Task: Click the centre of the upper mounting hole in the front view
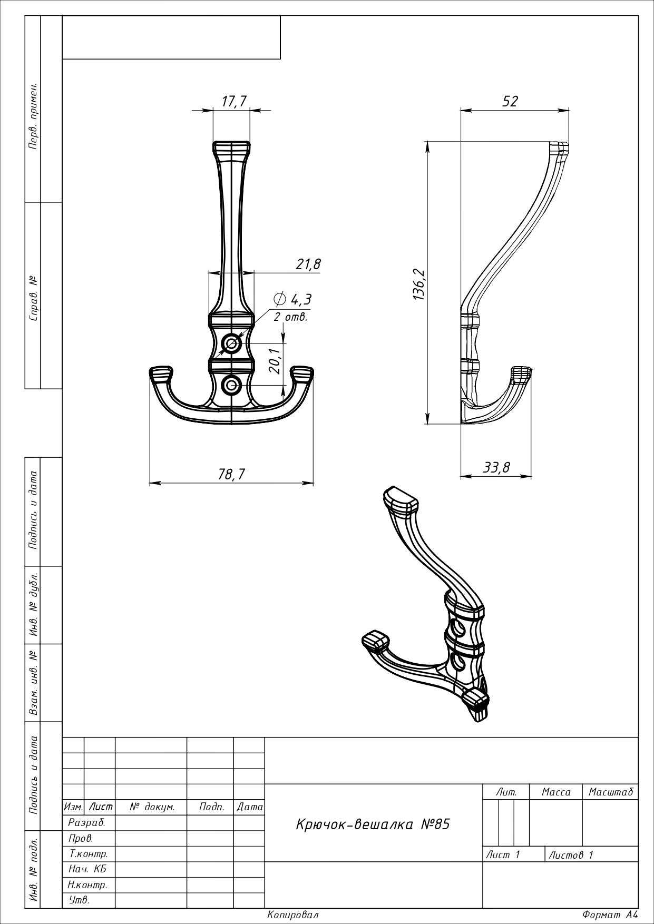click(231, 344)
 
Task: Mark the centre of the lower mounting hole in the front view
click(231, 385)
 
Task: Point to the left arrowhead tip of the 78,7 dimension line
click(150, 482)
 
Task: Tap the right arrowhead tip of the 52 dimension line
click(570, 111)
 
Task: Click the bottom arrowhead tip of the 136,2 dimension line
click(426, 424)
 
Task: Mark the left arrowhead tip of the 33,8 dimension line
click(461, 476)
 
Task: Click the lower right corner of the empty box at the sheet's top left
click(280, 59)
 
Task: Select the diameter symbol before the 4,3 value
click(280, 299)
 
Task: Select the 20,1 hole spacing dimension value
click(274, 361)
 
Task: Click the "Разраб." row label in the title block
click(87, 822)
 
